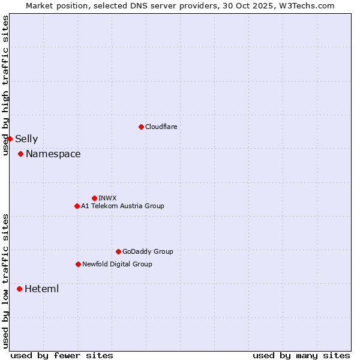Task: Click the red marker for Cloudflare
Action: (x=141, y=127)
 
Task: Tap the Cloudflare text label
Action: (x=161, y=127)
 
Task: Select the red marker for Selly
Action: (x=10, y=139)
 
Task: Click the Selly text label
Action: (x=26, y=139)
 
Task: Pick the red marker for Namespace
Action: (x=20, y=154)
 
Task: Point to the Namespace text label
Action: (x=53, y=154)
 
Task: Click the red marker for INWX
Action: (x=94, y=198)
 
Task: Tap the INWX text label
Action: (x=108, y=198)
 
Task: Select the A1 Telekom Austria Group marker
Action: (x=77, y=206)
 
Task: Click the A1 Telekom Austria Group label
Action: (x=122, y=206)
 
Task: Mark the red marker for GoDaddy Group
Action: (x=118, y=251)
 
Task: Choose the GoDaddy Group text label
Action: (x=148, y=251)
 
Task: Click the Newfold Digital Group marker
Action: (x=78, y=264)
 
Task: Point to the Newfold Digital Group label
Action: (x=117, y=264)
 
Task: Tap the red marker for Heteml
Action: (x=19, y=289)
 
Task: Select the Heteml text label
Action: (x=42, y=289)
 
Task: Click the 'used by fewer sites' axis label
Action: (x=62, y=355)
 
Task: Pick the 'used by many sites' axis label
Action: (x=301, y=355)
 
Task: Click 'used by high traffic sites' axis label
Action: (x=5, y=85)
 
